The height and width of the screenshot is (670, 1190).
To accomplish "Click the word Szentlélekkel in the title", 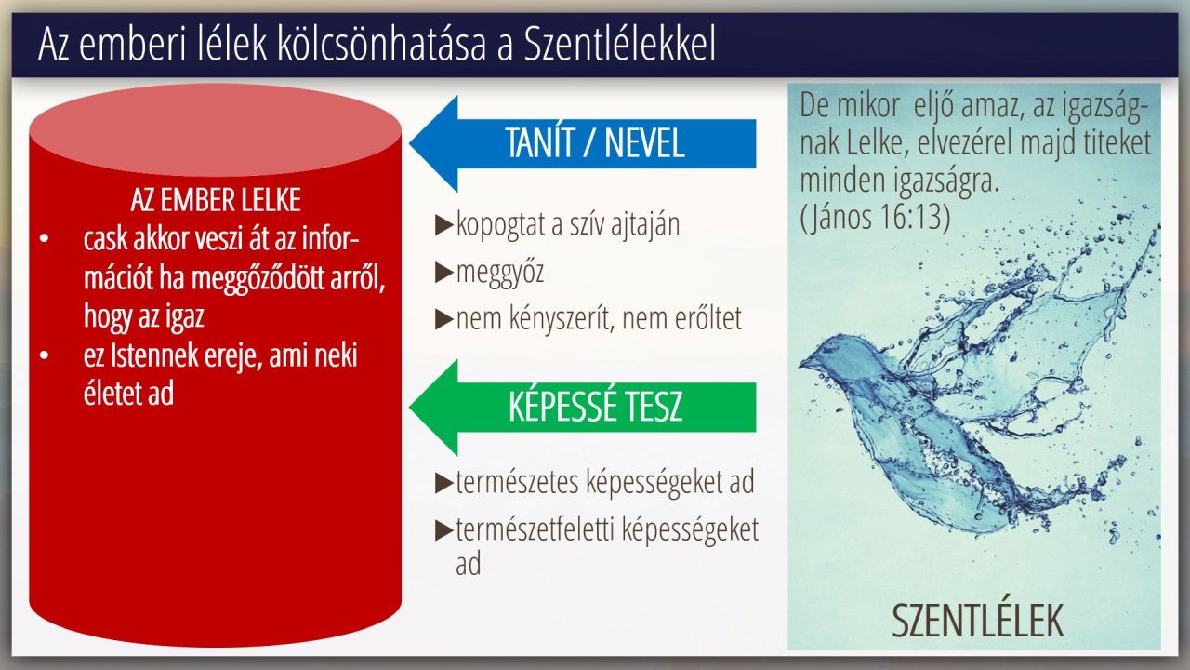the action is [x=619, y=44].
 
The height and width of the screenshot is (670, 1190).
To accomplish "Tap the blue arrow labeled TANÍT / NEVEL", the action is [x=583, y=143].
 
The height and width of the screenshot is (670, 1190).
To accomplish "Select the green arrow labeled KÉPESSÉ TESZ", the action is [x=583, y=407].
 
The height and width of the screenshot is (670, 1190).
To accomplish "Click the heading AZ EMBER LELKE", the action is [x=216, y=200].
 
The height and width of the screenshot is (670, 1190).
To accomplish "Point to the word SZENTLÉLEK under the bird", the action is [x=977, y=621].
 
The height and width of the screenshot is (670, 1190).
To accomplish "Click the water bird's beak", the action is [x=806, y=364].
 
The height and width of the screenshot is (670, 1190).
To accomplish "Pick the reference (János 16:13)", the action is [x=875, y=217].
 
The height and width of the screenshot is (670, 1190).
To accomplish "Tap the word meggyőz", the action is [x=500, y=273].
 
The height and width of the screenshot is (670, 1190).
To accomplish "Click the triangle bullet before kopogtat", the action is [x=443, y=225].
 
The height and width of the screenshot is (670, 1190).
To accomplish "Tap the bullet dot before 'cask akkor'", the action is [x=44, y=239].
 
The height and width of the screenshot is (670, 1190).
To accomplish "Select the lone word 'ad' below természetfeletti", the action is [x=468, y=564].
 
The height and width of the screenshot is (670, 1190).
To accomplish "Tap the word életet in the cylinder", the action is [x=110, y=394].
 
